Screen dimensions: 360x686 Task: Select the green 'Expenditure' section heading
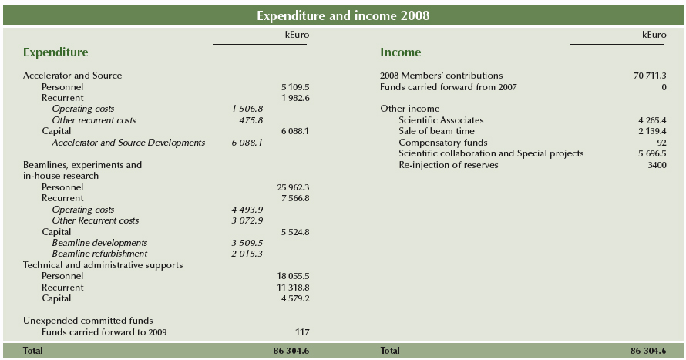(x=55, y=52)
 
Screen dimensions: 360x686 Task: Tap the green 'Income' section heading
(x=400, y=52)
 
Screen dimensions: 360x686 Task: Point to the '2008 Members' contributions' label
(x=441, y=76)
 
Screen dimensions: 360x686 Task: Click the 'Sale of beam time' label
(x=436, y=131)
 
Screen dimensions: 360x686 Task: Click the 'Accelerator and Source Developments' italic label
(x=129, y=143)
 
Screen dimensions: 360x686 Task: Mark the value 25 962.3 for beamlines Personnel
(x=293, y=187)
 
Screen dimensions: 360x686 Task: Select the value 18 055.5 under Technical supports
(x=293, y=276)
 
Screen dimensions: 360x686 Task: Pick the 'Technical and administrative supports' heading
(x=103, y=265)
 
